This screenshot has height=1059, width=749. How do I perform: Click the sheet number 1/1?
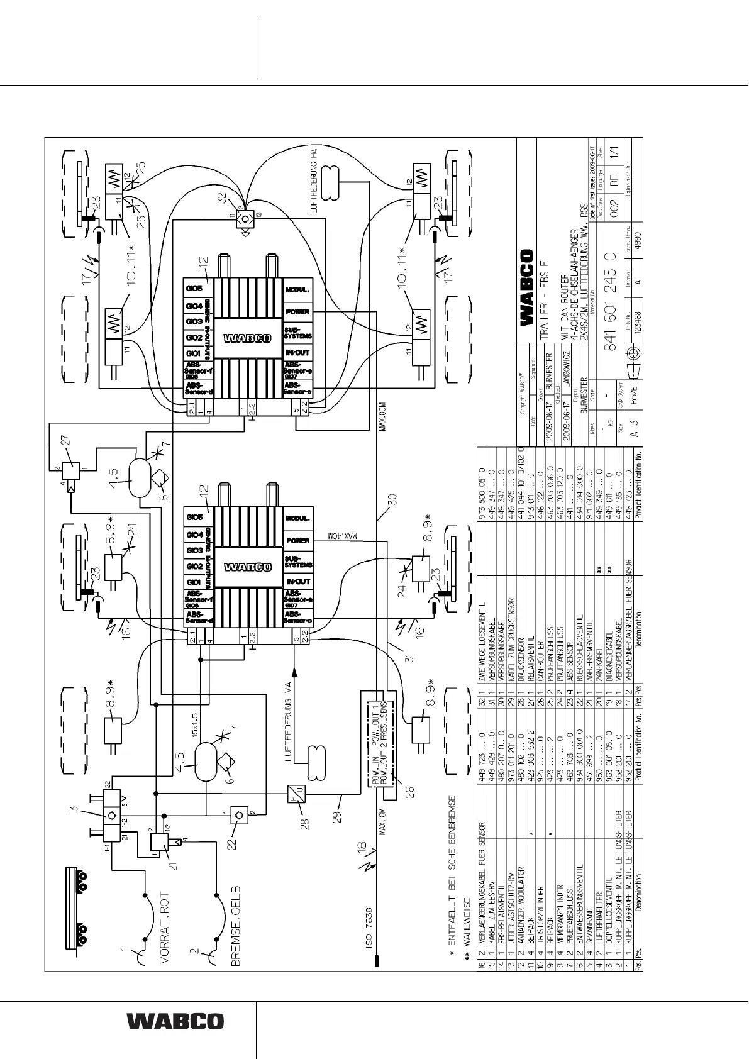point(620,150)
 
